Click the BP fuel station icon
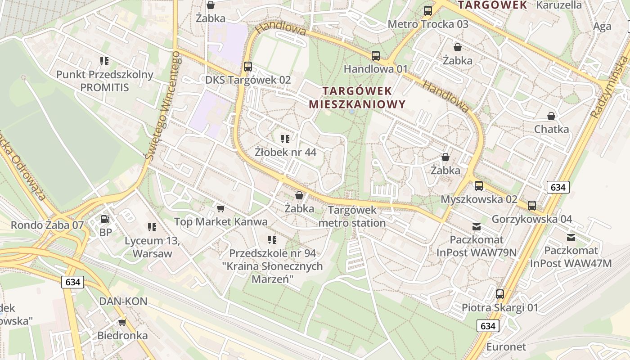(x=105, y=220)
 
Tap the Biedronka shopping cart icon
(x=122, y=322)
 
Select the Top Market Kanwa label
(x=220, y=221)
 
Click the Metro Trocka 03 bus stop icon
(x=428, y=11)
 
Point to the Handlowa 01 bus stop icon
(x=376, y=56)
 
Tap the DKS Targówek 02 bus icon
(x=247, y=67)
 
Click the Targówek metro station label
(x=352, y=216)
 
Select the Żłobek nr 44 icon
(x=285, y=139)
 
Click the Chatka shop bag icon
(x=551, y=116)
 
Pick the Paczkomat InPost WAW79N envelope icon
(x=476, y=227)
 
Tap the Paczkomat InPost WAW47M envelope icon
(x=571, y=238)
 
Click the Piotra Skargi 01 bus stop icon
(x=500, y=294)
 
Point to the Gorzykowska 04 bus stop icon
(x=532, y=206)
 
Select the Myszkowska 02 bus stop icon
(x=479, y=185)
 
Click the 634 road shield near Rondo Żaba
(x=72, y=282)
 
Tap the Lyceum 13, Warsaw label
(x=152, y=247)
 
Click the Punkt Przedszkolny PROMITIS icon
(x=104, y=61)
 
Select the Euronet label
(x=506, y=347)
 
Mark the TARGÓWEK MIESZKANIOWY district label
(x=357, y=98)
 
